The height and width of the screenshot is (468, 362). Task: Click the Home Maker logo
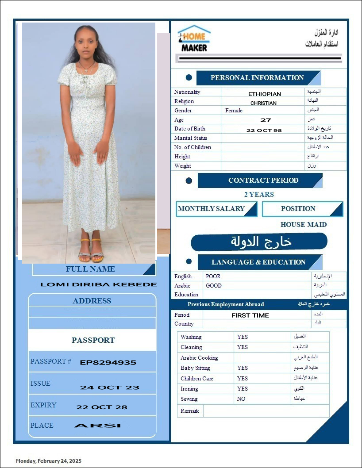194,38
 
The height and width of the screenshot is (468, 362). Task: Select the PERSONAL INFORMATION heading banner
257,78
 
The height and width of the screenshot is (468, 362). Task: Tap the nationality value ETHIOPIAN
264,94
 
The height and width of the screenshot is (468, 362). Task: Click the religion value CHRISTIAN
263,103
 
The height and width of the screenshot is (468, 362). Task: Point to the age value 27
266,120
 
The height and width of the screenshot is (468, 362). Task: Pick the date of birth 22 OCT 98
264,130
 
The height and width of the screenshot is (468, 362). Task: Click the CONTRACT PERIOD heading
263,180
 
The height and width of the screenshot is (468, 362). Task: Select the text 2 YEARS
259,195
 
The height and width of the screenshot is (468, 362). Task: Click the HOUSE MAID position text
304,225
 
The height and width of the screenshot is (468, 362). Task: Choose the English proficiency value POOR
213,276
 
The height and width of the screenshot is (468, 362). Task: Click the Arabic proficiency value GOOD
214,286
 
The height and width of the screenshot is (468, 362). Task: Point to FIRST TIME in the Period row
250,315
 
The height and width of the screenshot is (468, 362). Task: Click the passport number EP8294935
108,363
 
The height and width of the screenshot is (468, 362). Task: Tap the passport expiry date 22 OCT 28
102,407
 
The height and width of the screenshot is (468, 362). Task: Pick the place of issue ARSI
97,426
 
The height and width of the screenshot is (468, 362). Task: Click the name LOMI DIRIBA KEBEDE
99,284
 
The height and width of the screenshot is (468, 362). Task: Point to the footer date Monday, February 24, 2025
49,461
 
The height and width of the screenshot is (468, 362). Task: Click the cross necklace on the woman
87,69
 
